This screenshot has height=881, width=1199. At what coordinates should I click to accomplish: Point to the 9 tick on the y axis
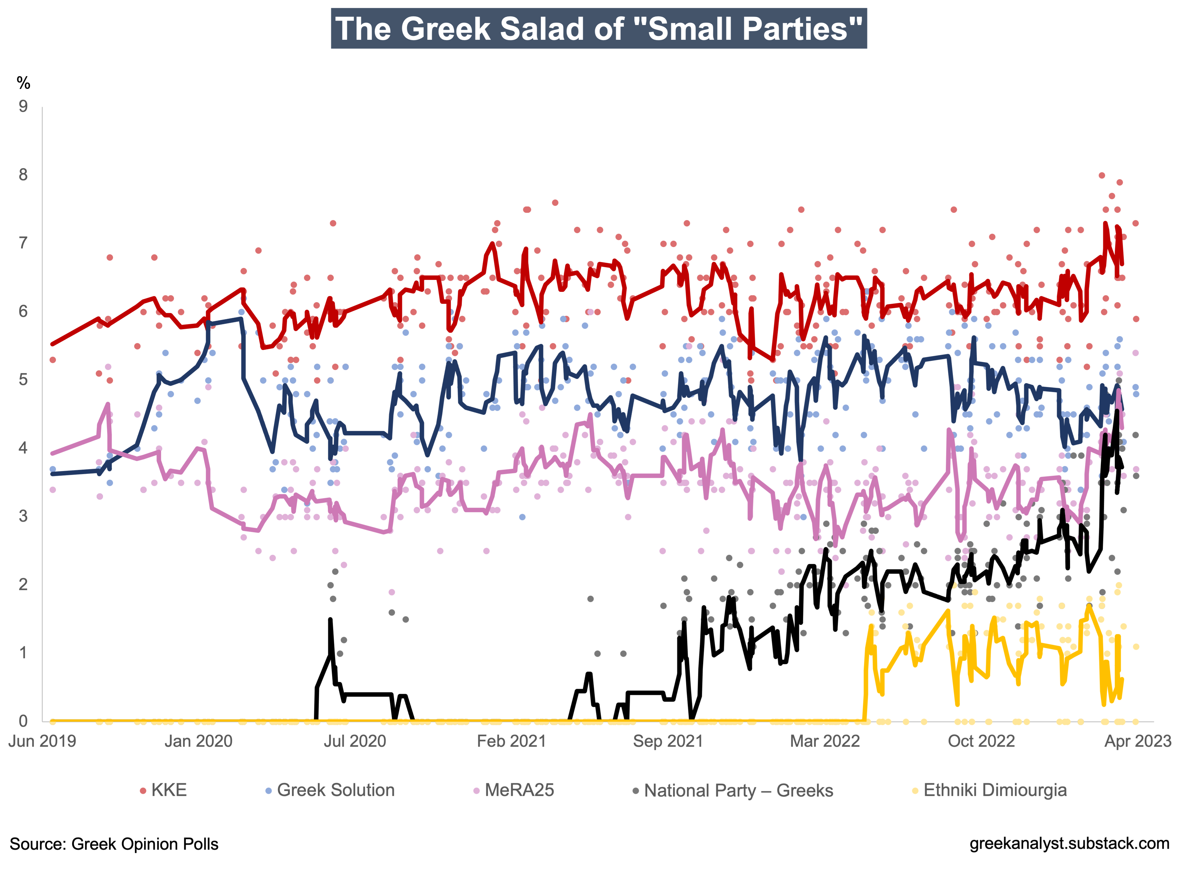(23, 107)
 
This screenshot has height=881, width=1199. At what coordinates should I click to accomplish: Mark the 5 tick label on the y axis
(23, 380)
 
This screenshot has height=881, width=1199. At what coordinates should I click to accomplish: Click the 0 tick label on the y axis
(23, 721)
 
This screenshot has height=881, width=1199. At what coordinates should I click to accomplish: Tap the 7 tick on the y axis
(23, 243)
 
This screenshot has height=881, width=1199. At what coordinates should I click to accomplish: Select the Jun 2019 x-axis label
(42, 741)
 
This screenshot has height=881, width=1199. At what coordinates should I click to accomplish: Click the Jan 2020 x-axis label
(198, 741)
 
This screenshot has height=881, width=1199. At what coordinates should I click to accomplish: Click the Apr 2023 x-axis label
(1138, 741)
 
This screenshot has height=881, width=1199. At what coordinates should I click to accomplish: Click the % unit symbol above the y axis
(23, 83)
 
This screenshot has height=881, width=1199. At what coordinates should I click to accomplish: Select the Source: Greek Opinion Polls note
(114, 844)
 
